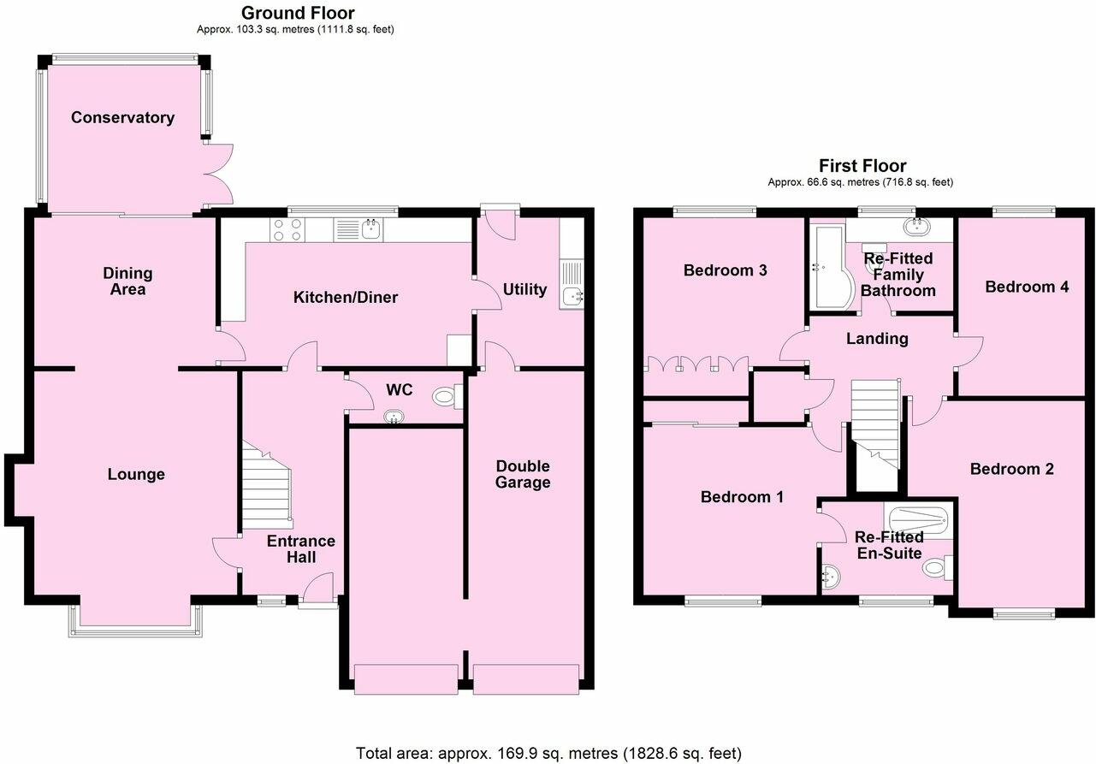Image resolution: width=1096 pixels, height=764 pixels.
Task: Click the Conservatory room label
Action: pyautogui.click(x=122, y=118)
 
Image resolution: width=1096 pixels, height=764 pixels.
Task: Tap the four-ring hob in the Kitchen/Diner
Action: pyautogui.click(x=285, y=229)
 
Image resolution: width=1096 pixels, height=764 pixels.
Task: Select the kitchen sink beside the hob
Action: pyautogui.click(x=371, y=228)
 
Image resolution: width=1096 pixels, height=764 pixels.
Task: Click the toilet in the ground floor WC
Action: pyautogui.click(x=446, y=396)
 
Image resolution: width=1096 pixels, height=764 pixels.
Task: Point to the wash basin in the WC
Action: pyautogui.click(x=394, y=418)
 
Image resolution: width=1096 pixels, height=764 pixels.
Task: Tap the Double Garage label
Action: pyautogui.click(x=524, y=474)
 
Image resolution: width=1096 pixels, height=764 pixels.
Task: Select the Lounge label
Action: pyautogui.click(x=136, y=474)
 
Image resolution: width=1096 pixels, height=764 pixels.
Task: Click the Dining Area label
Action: pyautogui.click(x=127, y=281)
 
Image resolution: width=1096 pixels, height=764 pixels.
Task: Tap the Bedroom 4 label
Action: pyautogui.click(x=1027, y=287)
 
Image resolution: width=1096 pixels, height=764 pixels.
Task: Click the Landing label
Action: pyautogui.click(x=877, y=339)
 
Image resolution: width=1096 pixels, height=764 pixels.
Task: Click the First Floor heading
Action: pyautogui.click(x=862, y=166)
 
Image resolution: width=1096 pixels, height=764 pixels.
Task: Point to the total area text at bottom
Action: pyautogui.click(x=548, y=753)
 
